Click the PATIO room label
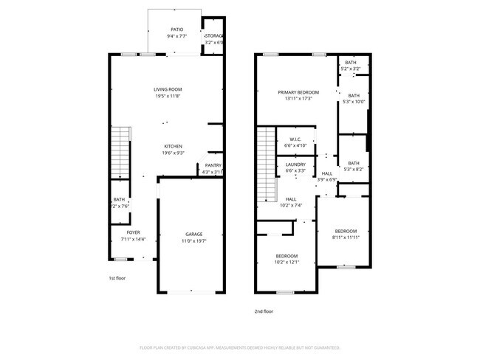click(x=176, y=30)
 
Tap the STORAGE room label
click(x=213, y=35)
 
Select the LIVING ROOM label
click(x=168, y=90)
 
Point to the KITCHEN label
click(x=173, y=146)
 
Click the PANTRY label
click(x=213, y=165)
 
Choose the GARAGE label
click(x=193, y=235)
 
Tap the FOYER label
click(x=133, y=232)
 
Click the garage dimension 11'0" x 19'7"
click(x=193, y=240)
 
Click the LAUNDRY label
click(x=295, y=165)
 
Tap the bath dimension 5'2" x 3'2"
click(x=351, y=69)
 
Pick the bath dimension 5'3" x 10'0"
click(x=354, y=101)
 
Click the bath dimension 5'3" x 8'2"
click(x=354, y=169)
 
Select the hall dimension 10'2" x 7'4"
click(x=292, y=205)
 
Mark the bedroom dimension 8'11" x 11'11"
click(x=346, y=238)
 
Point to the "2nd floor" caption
click(x=263, y=311)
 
